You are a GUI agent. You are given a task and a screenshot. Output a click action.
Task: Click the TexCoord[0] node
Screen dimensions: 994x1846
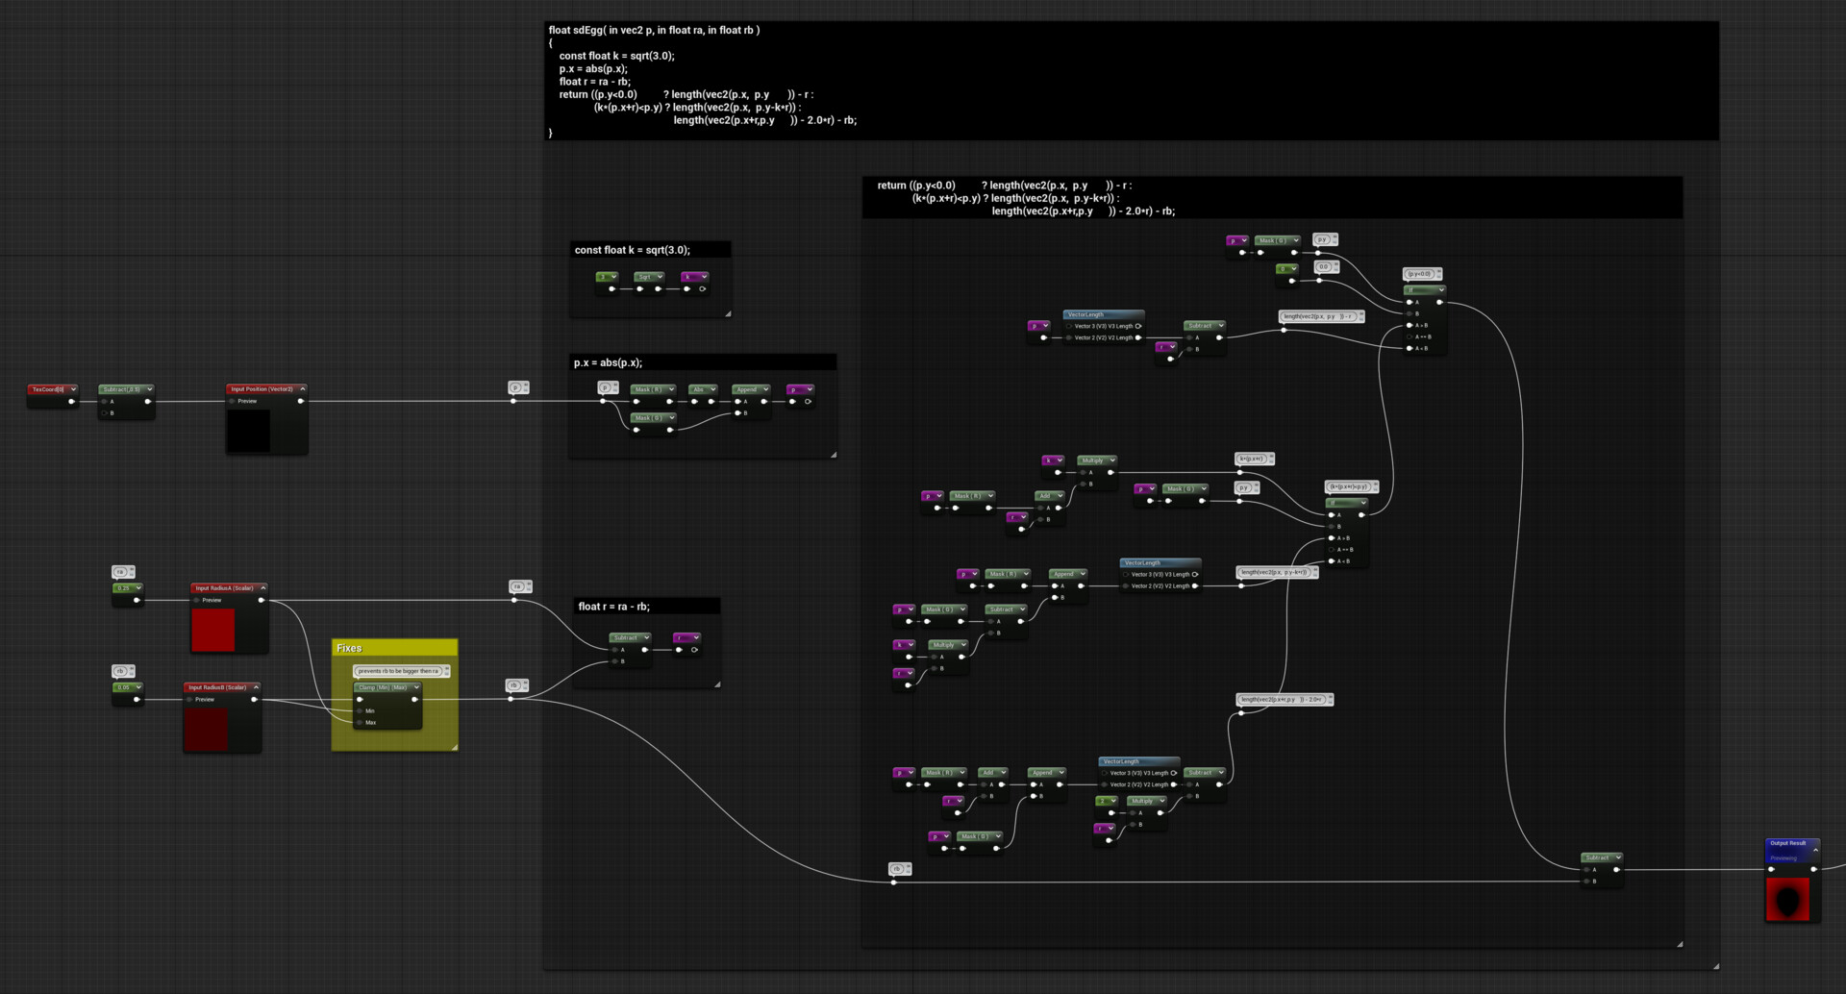[x=49, y=389]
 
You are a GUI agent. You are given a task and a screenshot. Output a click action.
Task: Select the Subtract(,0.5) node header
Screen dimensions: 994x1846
[x=122, y=389]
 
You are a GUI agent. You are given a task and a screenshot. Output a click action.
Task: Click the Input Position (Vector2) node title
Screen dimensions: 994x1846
[x=262, y=389]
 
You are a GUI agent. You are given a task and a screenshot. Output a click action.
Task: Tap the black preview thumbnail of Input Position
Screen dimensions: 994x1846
[x=248, y=431]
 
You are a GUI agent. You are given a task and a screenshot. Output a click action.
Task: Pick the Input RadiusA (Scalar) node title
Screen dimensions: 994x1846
[x=225, y=588]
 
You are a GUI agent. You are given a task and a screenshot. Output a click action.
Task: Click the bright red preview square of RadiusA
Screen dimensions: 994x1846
[x=212, y=630]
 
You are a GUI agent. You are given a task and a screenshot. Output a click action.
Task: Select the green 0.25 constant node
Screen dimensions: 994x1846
[x=124, y=588]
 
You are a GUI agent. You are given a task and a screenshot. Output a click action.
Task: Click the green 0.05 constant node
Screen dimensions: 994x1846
[x=124, y=687]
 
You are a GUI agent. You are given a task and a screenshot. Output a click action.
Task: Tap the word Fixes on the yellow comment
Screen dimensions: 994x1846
[x=349, y=649]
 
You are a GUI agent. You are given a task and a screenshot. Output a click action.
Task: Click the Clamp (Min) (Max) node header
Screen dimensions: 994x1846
[x=385, y=687]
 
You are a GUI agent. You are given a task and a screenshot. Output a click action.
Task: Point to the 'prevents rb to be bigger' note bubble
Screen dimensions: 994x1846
[x=398, y=671]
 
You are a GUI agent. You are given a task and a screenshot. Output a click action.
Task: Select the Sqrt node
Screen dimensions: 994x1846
[x=645, y=277]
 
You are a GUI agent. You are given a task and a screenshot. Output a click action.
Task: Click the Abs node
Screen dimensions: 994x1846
[x=699, y=389]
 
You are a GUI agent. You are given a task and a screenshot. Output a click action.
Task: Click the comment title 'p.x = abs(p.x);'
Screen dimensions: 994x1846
[x=608, y=363]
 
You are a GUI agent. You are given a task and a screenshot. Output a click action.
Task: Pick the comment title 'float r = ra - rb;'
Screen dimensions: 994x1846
[x=613, y=607]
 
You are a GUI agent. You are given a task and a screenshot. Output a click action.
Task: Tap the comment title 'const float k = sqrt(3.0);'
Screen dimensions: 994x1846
[x=632, y=250]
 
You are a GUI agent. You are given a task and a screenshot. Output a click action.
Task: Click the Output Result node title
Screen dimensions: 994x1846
[x=1788, y=843]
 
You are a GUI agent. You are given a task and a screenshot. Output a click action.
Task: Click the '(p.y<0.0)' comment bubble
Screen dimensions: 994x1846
[x=1419, y=274]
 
